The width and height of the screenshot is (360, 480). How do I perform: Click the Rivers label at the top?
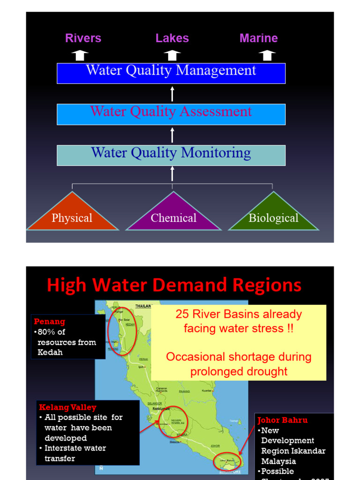(83, 38)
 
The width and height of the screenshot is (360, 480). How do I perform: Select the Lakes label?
(172, 38)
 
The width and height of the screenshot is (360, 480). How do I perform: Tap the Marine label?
(258, 38)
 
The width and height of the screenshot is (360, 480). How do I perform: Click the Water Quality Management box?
(171, 73)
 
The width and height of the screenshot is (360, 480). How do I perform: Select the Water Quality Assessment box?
(171, 114)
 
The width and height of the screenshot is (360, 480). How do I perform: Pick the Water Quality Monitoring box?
(171, 155)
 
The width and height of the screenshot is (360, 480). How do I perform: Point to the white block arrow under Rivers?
(80, 55)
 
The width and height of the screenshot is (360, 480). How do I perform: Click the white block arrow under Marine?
(267, 55)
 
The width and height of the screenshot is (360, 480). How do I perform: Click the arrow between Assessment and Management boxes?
(172, 94)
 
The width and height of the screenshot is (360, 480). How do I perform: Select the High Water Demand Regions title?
(174, 285)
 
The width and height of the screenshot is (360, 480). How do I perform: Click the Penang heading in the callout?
(49, 322)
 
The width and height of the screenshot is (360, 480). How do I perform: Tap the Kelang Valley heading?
(67, 407)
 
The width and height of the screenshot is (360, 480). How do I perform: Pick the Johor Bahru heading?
(283, 420)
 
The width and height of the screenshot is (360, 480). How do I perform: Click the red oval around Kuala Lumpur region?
(172, 421)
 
